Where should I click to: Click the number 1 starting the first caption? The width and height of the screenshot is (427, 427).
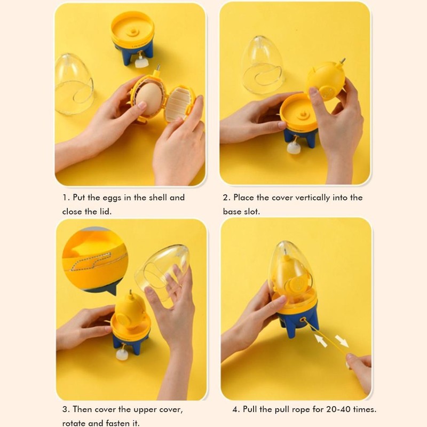point(65,197)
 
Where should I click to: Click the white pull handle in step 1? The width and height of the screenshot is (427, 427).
point(141,62)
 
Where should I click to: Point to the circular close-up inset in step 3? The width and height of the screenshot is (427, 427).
point(94,258)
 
